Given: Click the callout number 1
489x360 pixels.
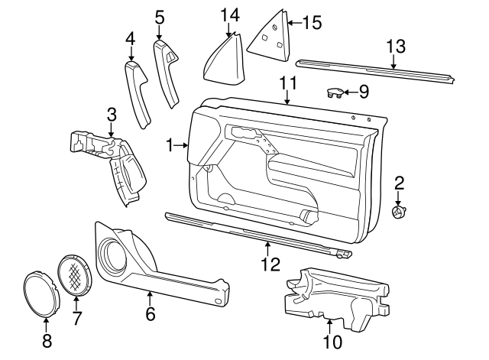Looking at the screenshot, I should tap(170, 144).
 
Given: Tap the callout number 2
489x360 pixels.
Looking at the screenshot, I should tap(399, 183).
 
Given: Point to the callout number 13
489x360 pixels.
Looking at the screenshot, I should tap(394, 47).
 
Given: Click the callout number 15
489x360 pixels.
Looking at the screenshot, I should tap(312, 23).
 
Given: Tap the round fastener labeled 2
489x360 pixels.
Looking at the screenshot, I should tap(397, 212).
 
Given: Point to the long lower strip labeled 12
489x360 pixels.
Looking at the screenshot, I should tap(252, 234).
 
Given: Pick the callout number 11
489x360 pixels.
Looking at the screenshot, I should tap(287, 83).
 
